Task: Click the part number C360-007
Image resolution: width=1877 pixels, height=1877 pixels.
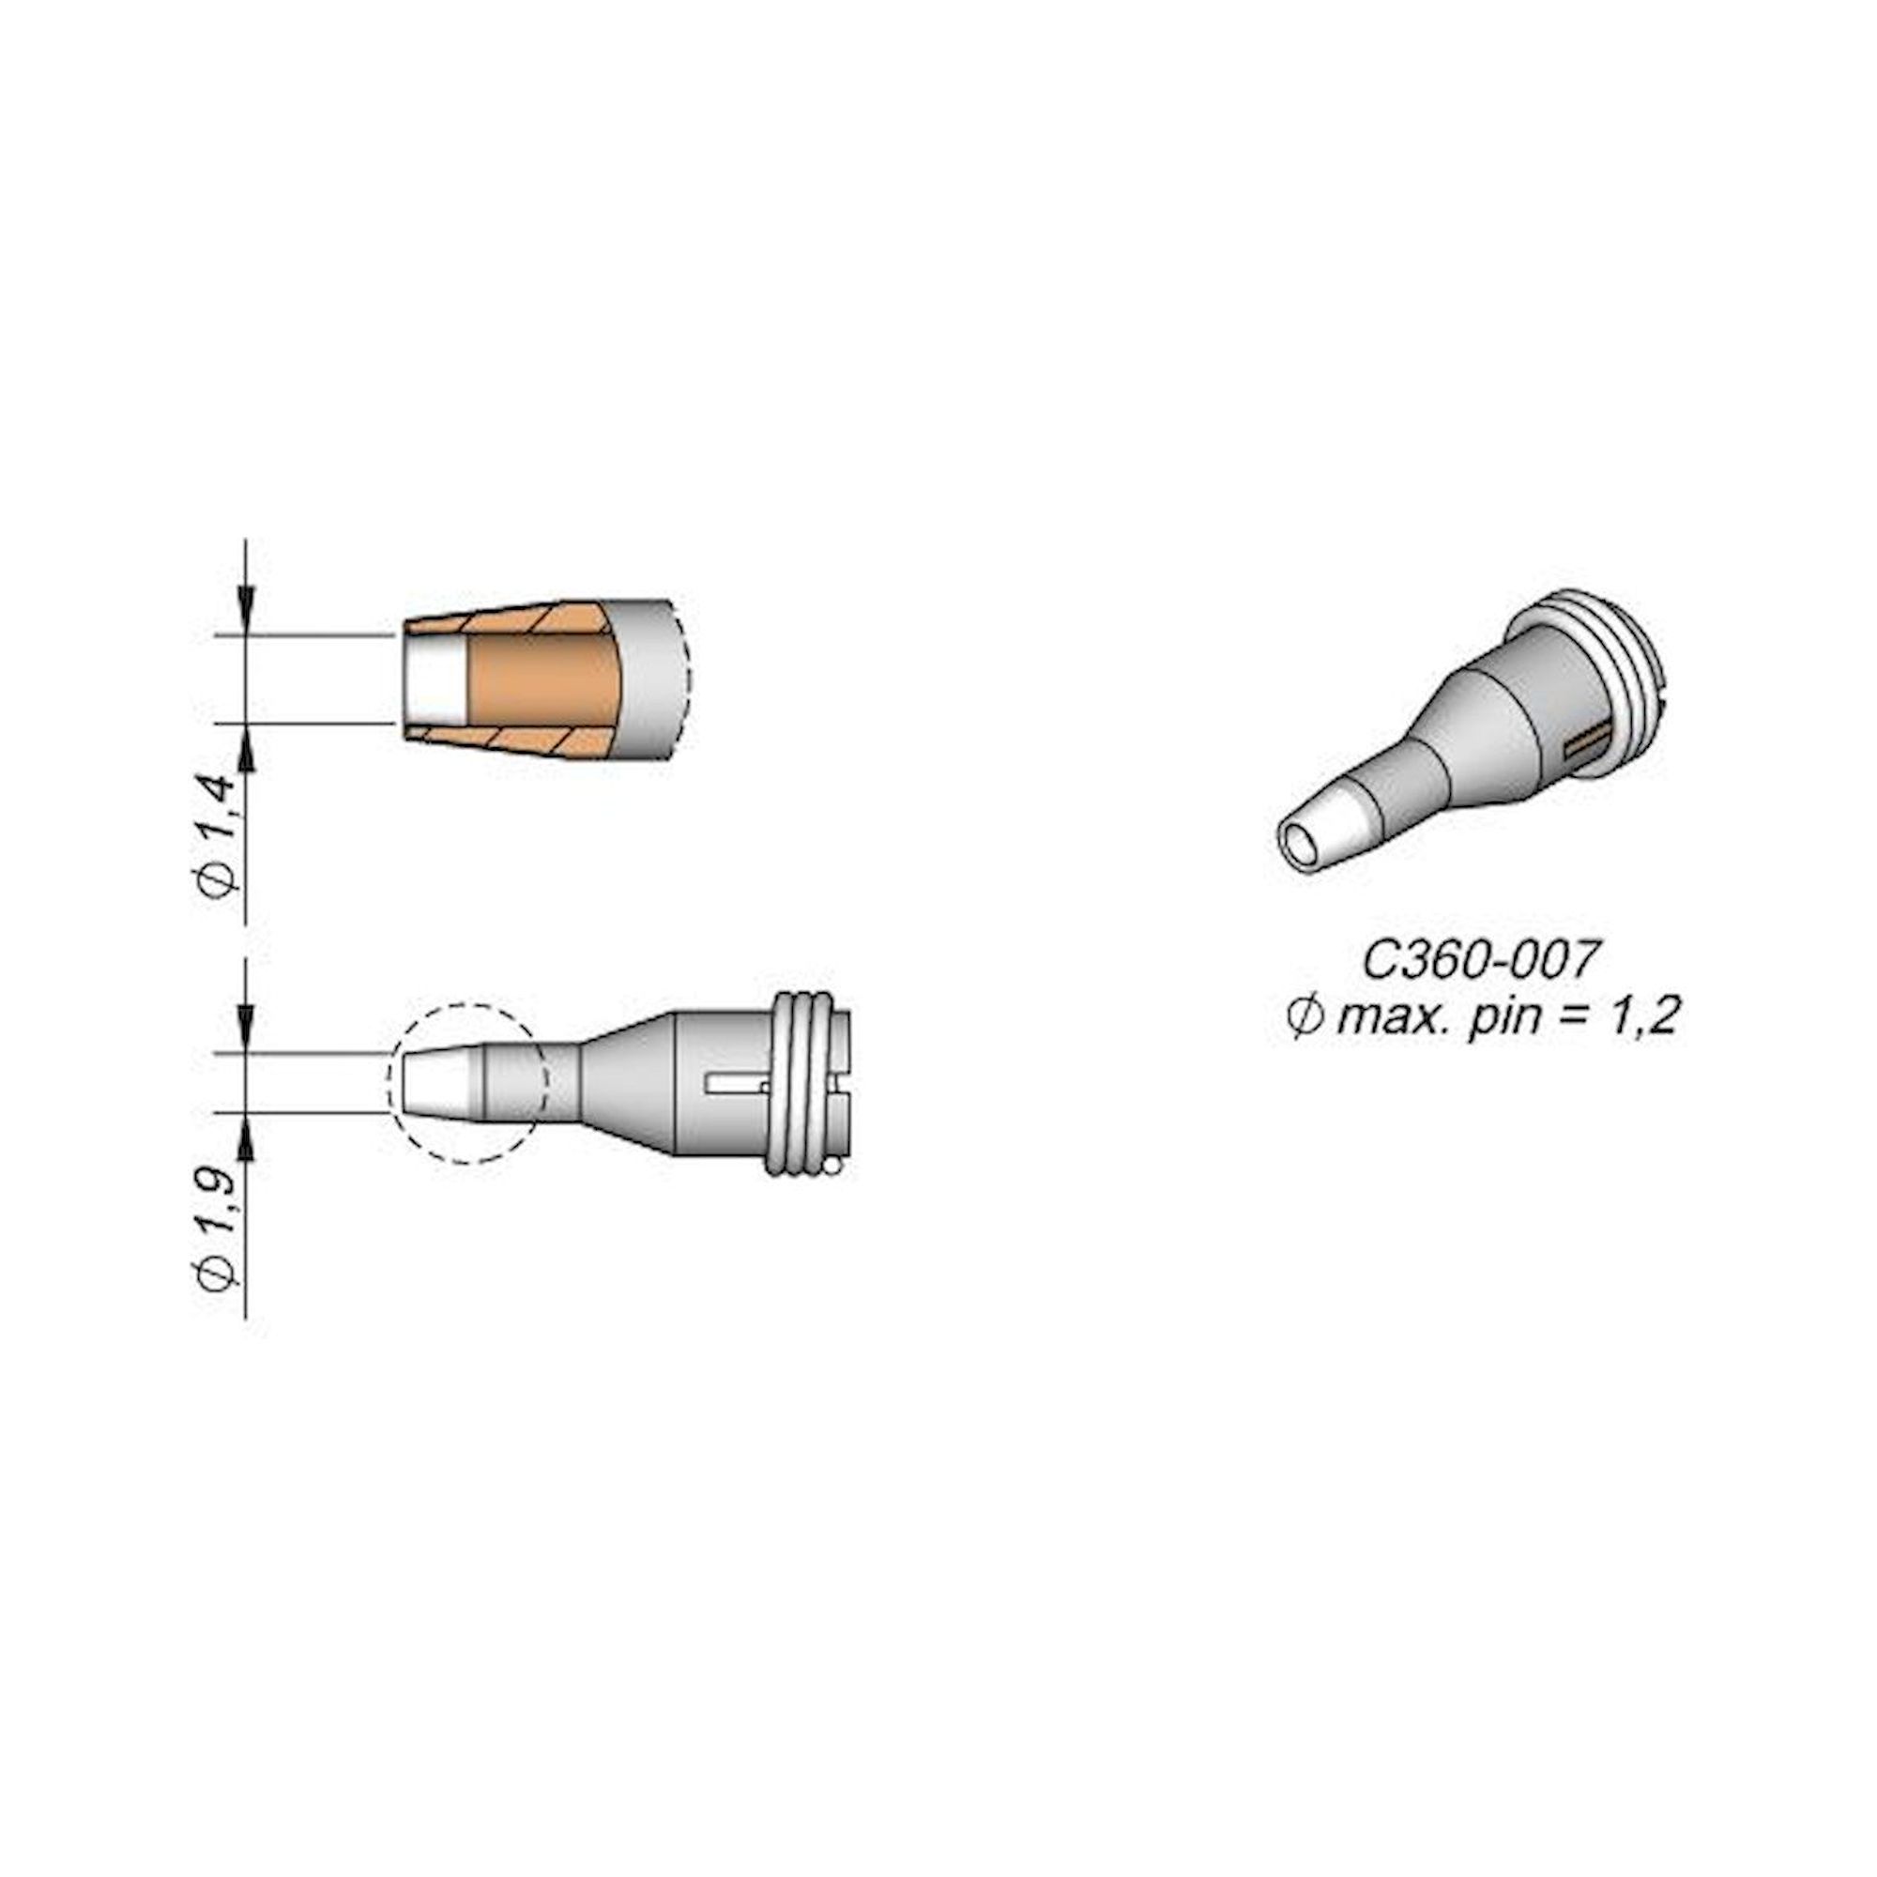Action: (x=1478, y=961)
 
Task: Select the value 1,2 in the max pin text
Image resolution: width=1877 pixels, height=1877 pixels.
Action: (x=1646, y=1017)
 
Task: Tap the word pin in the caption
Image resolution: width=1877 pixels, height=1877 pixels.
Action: (x=1506, y=1017)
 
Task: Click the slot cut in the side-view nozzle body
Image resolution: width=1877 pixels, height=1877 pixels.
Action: (x=739, y=1083)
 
